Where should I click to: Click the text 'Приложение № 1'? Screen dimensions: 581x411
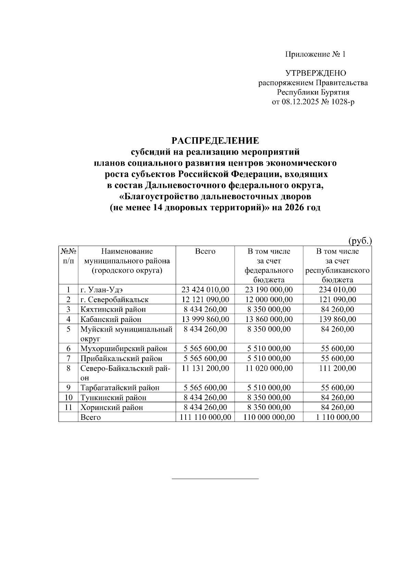coord(315,54)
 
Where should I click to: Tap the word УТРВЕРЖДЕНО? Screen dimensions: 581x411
coord(315,73)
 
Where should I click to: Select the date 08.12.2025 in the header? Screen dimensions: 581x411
coord(300,102)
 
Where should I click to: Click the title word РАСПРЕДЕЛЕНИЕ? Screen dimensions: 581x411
coord(215,141)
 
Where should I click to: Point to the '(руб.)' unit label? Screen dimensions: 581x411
coord(360,241)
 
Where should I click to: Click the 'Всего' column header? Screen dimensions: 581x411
coord(205,251)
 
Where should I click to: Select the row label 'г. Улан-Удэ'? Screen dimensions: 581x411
coord(101,290)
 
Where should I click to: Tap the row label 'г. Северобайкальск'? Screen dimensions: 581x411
coord(114,300)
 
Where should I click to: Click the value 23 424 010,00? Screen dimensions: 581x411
coord(205,290)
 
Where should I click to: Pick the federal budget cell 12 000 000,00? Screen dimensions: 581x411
coord(269,300)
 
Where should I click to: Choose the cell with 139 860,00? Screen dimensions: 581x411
coord(337,319)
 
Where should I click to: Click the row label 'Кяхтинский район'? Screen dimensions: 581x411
coord(113,310)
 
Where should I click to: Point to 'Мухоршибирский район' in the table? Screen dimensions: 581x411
coord(124,349)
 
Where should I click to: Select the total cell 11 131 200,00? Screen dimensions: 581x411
coord(205,369)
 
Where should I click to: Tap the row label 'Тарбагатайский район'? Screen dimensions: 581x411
coord(120,388)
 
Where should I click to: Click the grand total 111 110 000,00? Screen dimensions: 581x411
coord(205,417)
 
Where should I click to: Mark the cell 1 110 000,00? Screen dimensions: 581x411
coord(337,417)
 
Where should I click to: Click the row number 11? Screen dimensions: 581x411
coord(68,408)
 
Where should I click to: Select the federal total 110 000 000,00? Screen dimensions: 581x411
coord(269,417)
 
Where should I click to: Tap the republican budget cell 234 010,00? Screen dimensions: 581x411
coord(337,290)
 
